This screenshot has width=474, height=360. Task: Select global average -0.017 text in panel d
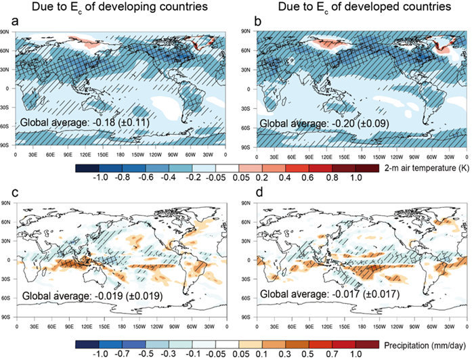tap(332, 295)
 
